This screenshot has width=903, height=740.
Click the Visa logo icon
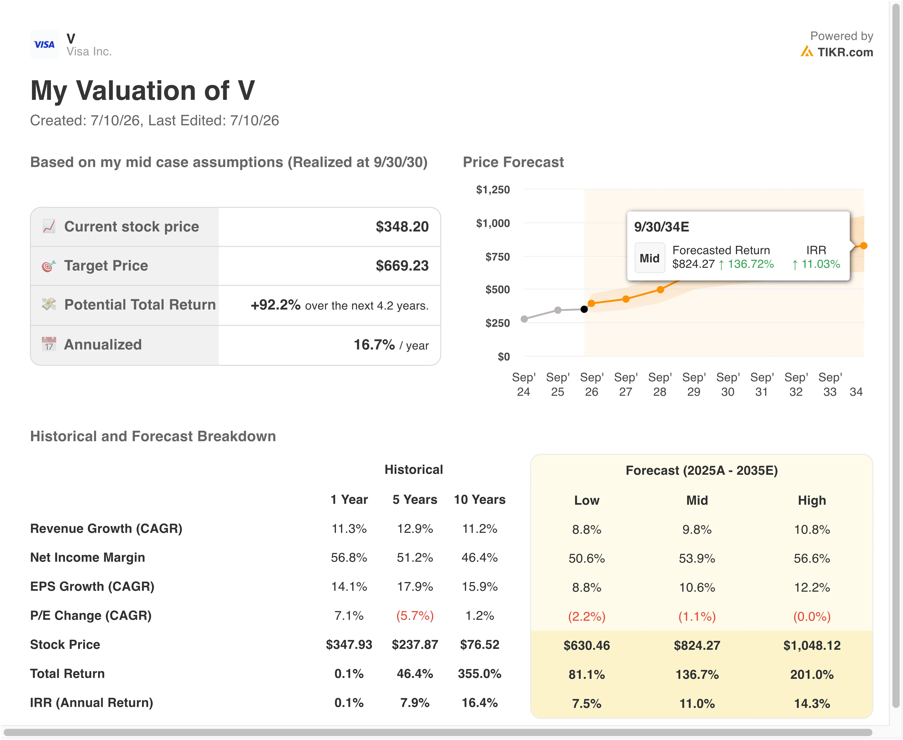point(44,44)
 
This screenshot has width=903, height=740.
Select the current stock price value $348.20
point(402,227)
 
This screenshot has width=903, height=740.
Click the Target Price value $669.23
point(402,266)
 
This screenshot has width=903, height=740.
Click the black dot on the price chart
point(584,309)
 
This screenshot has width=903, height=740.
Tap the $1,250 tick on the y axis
point(493,190)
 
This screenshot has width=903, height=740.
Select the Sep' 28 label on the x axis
point(660,385)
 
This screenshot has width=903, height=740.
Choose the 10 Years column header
point(480,500)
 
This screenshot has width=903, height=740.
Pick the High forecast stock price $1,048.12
point(812,645)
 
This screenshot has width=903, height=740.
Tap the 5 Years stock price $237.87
point(415,645)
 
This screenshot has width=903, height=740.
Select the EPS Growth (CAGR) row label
point(92,587)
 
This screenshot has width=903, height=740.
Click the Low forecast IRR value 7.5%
point(587,703)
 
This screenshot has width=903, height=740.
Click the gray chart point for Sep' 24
point(524,319)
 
